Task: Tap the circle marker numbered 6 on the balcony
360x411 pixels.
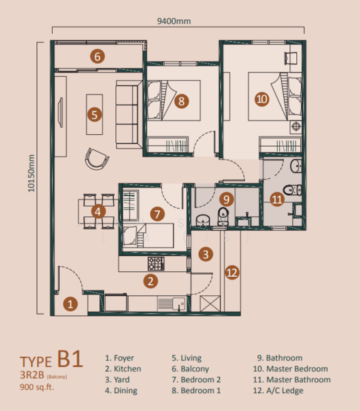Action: point(98,57)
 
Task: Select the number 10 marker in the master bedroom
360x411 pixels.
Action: point(261,99)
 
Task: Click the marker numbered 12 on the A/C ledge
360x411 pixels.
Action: point(232,273)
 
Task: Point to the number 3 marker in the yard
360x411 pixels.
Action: point(205,254)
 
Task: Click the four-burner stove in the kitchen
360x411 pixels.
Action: point(156,262)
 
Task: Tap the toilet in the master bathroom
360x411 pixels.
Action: point(291,190)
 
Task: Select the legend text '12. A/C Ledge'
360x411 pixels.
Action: point(281,390)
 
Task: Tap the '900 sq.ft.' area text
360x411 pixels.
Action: point(40,388)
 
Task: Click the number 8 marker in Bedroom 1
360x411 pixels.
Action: point(181,101)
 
